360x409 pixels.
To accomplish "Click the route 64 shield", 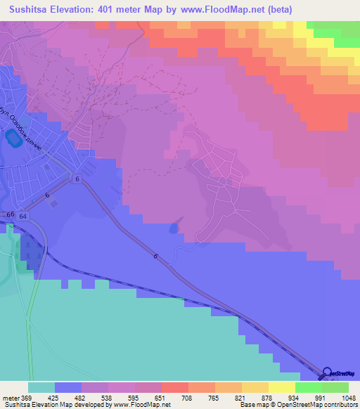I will tap(23, 216).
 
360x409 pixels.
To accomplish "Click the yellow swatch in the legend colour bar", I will tap(281, 387).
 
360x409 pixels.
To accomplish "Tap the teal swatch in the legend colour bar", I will tap(41, 387).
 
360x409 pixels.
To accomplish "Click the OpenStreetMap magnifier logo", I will tap(326, 373).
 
